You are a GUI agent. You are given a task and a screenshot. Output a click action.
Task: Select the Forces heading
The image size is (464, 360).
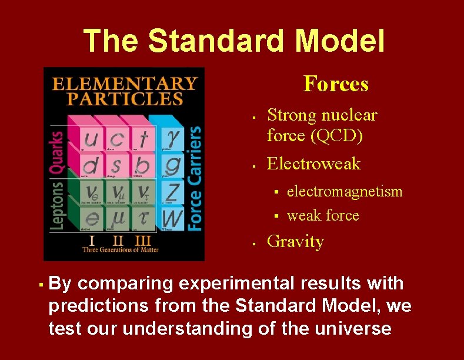point(336,84)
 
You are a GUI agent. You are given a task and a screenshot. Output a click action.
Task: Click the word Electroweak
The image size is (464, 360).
point(313,164)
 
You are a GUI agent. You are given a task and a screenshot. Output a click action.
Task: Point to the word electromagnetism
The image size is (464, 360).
point(345,191)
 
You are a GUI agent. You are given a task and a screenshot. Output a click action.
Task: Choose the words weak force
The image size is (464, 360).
point(323,215)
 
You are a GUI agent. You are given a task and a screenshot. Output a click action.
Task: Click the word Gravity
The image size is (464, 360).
point(295,242)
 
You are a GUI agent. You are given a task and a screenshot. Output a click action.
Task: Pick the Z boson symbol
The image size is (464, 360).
point(172,191)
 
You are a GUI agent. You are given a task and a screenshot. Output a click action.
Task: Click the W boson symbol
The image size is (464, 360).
point(172,218)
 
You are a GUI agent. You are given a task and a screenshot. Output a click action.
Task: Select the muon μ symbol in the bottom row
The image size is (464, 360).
point(118,218)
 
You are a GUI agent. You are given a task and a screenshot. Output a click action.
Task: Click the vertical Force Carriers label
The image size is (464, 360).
point(195,178)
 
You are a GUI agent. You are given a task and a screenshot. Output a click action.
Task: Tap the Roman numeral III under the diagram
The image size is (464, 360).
point(143,241)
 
